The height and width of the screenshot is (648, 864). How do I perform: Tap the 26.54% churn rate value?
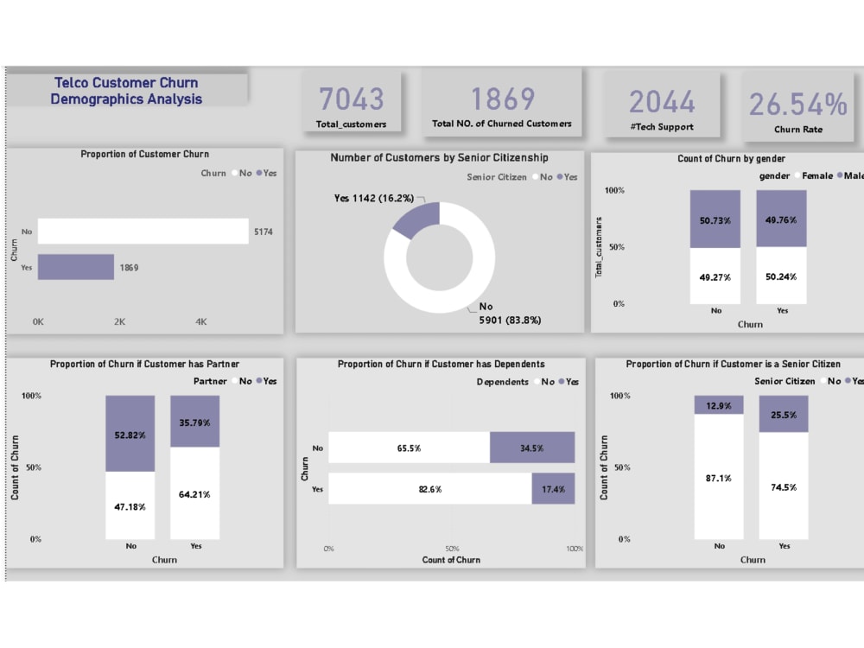pos(797,104)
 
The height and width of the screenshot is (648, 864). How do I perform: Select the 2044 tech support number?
pos(662,102)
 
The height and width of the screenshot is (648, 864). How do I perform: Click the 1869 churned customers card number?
pos(502,99)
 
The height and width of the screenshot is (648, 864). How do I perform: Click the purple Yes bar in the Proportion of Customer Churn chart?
pos(75,267)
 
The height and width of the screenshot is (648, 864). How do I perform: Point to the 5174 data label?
pos(264,232)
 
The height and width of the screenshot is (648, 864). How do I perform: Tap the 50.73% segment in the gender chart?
pos(715,219)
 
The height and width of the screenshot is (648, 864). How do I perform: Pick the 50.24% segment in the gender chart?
pos(781,276)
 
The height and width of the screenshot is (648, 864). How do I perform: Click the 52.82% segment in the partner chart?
pos(130,434)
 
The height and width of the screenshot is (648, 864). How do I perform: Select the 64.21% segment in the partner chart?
pos(194,494)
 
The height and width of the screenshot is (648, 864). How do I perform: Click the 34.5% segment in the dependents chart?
pos(531,448)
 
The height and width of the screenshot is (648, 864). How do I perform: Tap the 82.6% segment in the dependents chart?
pos(429,489)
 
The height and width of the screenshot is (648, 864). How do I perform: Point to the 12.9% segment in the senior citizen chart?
pos(719,405)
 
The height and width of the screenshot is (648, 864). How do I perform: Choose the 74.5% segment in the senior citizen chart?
pos(784,486)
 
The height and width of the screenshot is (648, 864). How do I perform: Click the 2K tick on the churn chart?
pos(119,321)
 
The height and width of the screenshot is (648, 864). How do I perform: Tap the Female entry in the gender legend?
pos(817,175)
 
